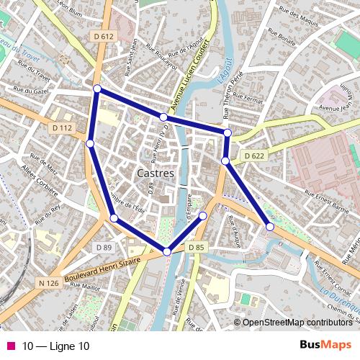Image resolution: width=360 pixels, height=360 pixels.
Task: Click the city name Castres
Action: [x=155, y=174]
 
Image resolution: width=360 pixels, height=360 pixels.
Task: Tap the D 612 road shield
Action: [x=104, y=36]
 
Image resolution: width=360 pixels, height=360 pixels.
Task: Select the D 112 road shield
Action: [x=63, y=128]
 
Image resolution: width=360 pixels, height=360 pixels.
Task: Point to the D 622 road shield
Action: [x=254, y=156]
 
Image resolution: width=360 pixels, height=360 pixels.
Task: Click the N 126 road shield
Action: [x=48, y=283]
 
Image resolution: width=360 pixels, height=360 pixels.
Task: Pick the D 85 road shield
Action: [x=197, y=248]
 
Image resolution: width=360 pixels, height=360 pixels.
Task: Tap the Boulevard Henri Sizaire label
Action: [x=102, y=269]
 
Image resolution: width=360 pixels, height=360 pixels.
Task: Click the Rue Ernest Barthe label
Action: [x=327, y=199]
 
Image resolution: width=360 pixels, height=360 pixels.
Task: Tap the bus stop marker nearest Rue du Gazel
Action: [x=97, y=89]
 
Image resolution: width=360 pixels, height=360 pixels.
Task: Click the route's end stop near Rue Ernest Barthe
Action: [x=270, y=227]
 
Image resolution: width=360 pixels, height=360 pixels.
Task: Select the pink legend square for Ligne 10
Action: [x=10, y=346]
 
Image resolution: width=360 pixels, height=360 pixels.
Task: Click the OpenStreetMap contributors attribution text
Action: [x=297, y=323]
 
